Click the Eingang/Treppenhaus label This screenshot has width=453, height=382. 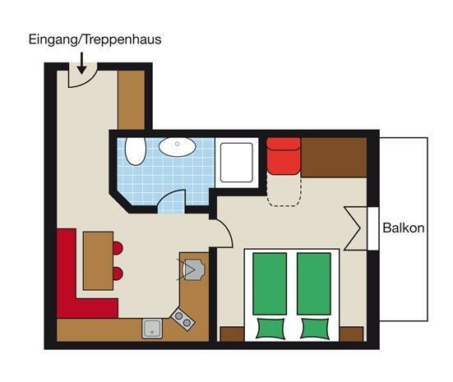coord(95,40)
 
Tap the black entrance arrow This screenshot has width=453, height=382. coord(81,63)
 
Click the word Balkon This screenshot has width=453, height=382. coord(404,228)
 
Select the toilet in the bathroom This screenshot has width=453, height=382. coord(135,151)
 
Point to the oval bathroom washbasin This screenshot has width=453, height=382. coord(178,147)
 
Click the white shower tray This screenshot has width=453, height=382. coord(237,163)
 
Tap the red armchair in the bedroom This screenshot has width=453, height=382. coord(284,156)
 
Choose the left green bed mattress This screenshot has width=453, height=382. coord(270,283)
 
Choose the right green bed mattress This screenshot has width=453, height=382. coord(314,283)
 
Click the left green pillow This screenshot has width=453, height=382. coord(270,329)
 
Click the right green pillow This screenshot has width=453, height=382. coord(315,329)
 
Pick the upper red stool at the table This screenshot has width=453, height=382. coord(118,248)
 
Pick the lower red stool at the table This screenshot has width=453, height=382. coord(118,274)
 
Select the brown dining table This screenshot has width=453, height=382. coord(98,260)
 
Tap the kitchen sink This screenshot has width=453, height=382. coord(152,329)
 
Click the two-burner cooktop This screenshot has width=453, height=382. coord(183,320)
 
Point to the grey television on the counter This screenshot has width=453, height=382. coord(194,269)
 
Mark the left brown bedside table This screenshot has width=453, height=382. coord(233,334)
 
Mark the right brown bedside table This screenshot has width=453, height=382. coord(351,334)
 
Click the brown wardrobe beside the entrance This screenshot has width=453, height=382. coord(132,100)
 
